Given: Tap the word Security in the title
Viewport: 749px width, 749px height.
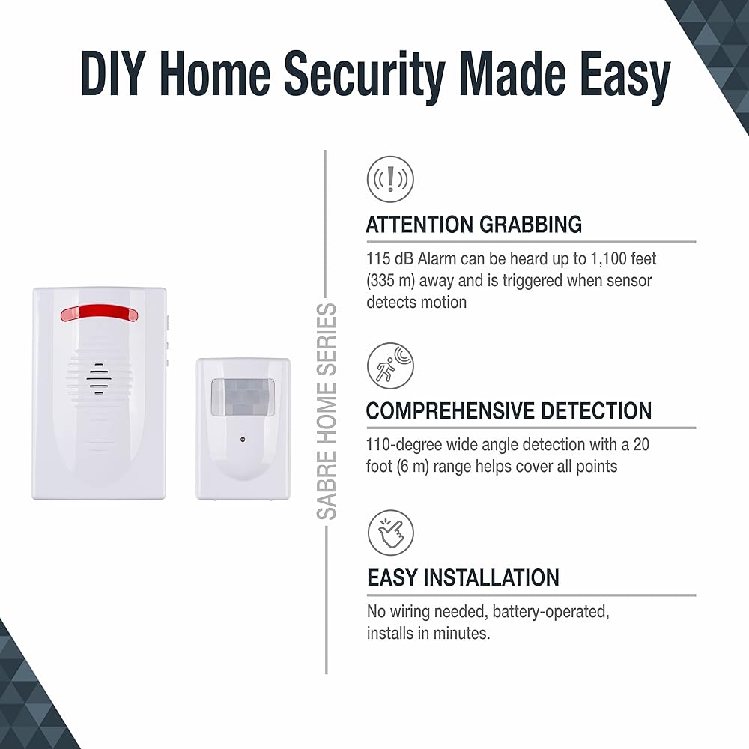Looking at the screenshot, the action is coord(365,76).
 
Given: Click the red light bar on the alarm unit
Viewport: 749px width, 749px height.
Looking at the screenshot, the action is coord(99,313).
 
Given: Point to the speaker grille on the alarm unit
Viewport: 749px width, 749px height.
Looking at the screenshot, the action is coord(99,379).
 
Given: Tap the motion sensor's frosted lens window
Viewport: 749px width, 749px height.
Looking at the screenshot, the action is coord(243,396).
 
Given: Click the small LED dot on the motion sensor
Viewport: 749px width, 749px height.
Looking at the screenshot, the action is coord(243,439).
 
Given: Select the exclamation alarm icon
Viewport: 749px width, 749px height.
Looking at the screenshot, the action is coord(391,179).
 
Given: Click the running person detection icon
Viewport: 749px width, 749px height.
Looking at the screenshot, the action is coord(391,366).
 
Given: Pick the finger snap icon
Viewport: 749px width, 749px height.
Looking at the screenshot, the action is coord(391,533).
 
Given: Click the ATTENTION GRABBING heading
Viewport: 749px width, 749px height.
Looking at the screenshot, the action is coord(474,225).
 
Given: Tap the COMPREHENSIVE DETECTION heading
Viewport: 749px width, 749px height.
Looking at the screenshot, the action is coord(509,410).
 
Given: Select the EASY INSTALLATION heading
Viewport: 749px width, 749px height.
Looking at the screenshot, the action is coord(463,577).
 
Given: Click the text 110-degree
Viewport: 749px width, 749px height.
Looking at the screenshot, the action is coord(404,445).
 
